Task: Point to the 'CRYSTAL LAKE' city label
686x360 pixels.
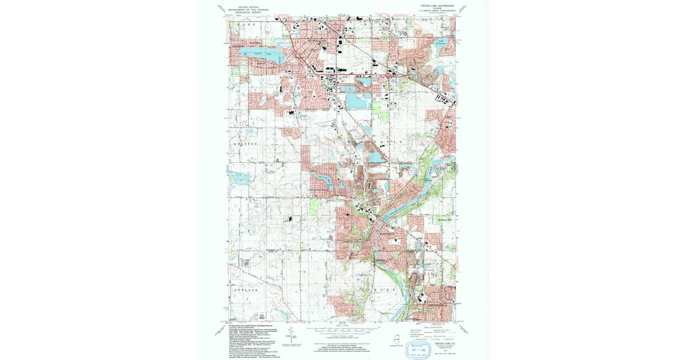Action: [x=311, y=41]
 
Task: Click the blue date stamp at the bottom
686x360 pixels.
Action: [x=418, y=348]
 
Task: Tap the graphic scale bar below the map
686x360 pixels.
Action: [x=343, y=330]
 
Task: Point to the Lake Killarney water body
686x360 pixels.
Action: [x=441, y=42]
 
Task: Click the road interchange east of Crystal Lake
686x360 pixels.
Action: [x=389, y=74]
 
